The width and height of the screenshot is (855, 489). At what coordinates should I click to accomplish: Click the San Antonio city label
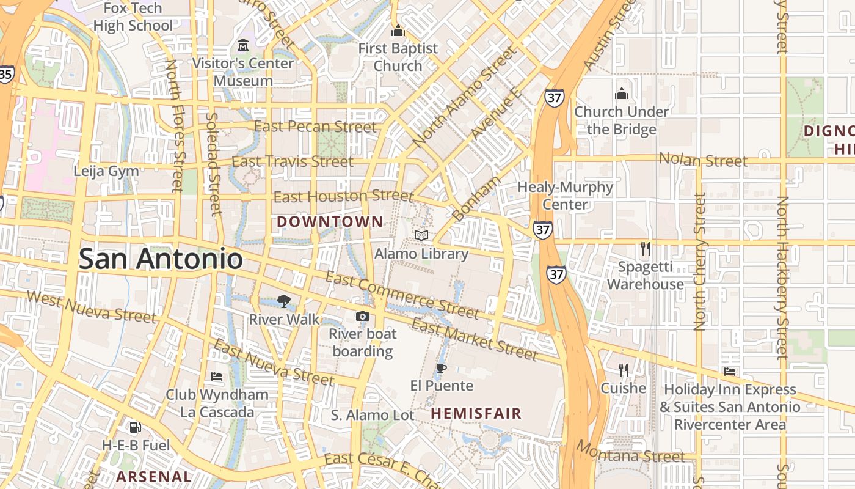point(161,259)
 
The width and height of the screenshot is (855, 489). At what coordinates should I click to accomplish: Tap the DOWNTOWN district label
point(330,222)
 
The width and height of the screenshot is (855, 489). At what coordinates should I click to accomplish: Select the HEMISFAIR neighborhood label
point(476,414)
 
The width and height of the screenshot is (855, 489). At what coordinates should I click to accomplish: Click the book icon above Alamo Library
point(421,235)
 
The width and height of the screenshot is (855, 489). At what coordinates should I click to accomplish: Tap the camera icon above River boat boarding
point(363,316)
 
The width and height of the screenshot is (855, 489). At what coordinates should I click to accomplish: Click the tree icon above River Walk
point(283,301)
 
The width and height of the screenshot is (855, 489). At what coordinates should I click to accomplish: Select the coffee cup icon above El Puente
point(442,368)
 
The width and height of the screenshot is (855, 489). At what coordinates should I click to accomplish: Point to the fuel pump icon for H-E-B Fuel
point(136,427)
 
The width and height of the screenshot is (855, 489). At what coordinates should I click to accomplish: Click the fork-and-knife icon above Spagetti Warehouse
point(645,249)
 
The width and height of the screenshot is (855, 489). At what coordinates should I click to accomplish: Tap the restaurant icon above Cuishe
point(623,370)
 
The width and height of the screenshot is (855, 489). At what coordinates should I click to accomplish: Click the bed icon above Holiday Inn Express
point(729,371)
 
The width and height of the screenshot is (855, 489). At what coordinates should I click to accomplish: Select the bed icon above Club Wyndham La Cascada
point(217,376)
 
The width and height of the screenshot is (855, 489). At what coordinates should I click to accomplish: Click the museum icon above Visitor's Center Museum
point(243,45)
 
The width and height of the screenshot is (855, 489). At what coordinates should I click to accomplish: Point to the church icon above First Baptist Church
point(398,30)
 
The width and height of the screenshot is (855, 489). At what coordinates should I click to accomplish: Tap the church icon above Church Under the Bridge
point(622,94)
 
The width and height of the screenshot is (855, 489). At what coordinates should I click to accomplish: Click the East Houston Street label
point(343,196)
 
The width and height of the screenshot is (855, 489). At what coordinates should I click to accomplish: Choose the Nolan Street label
point(703,161)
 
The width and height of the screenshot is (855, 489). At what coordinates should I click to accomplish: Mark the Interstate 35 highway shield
point(6,74)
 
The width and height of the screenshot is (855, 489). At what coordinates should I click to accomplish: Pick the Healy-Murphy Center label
point(565,196)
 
